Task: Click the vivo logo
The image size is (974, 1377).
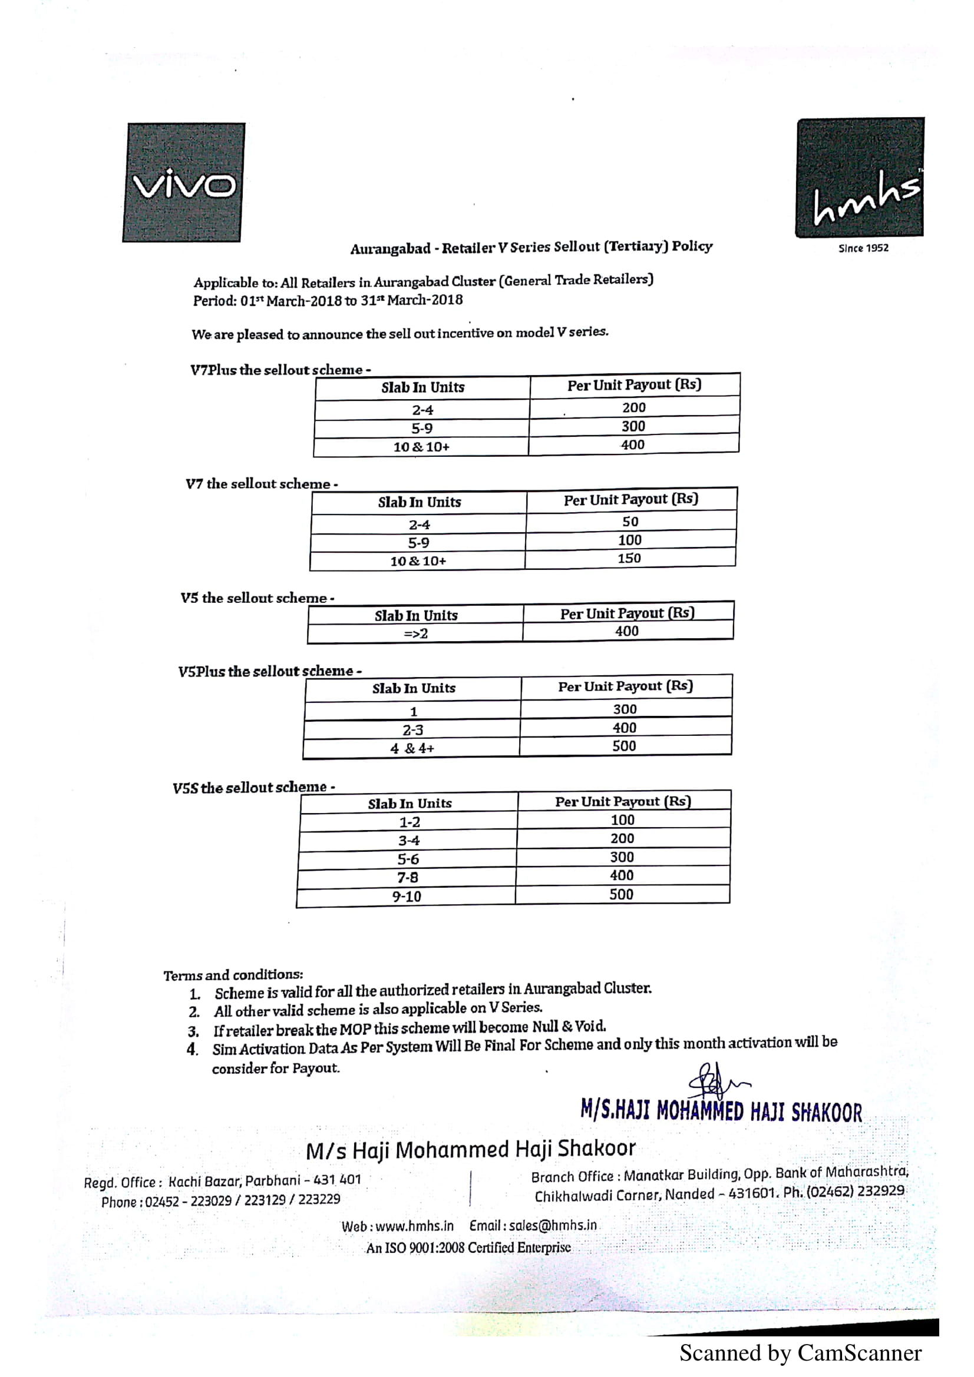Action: pos(184,183)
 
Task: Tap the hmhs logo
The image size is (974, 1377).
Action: pos(860,178)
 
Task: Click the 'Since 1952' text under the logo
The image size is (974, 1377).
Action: pos(863,248)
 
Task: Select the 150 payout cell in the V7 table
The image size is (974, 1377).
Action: pos(629,558)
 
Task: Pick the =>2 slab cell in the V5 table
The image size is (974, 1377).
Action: pos(415,633)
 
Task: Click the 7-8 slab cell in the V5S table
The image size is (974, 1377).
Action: pos(408,877)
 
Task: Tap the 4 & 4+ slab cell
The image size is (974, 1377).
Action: pos(412,748)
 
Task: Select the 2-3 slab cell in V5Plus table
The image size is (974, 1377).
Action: pos(412,730)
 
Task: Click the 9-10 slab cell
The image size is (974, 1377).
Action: pos(407,897)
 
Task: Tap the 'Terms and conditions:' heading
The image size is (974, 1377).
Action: pos(233,974)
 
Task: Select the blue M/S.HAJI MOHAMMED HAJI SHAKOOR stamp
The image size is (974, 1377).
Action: pos(721,1111)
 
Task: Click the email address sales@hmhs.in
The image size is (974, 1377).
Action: pos(533,1225)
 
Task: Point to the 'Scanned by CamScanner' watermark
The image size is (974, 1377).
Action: pos(800,1353)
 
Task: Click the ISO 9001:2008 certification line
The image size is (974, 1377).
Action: pos(468,1248)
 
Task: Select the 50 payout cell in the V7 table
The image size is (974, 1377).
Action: pos(630,521)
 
